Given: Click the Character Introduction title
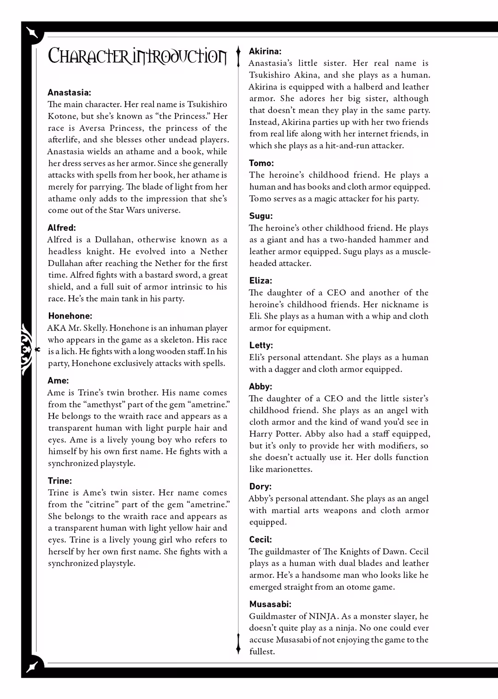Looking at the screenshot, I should point(137,56).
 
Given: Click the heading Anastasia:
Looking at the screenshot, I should point(69,93).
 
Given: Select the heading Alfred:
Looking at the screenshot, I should point(62,228).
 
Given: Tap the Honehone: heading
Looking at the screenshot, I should point(70,316).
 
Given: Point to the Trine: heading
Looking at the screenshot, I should point(59,481).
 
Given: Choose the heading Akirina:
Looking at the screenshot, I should point(265,51).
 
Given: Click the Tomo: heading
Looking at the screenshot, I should point(261,163).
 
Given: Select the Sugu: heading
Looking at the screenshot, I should point(261,216).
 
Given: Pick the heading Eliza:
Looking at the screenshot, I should point(261,281).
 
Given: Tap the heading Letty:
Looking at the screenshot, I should point(261,345).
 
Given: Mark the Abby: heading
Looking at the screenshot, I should point(261,386).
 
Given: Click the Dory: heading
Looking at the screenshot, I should point(260,486).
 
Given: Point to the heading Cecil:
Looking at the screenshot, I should point(261,539).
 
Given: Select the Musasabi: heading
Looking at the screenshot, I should point(270,604).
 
